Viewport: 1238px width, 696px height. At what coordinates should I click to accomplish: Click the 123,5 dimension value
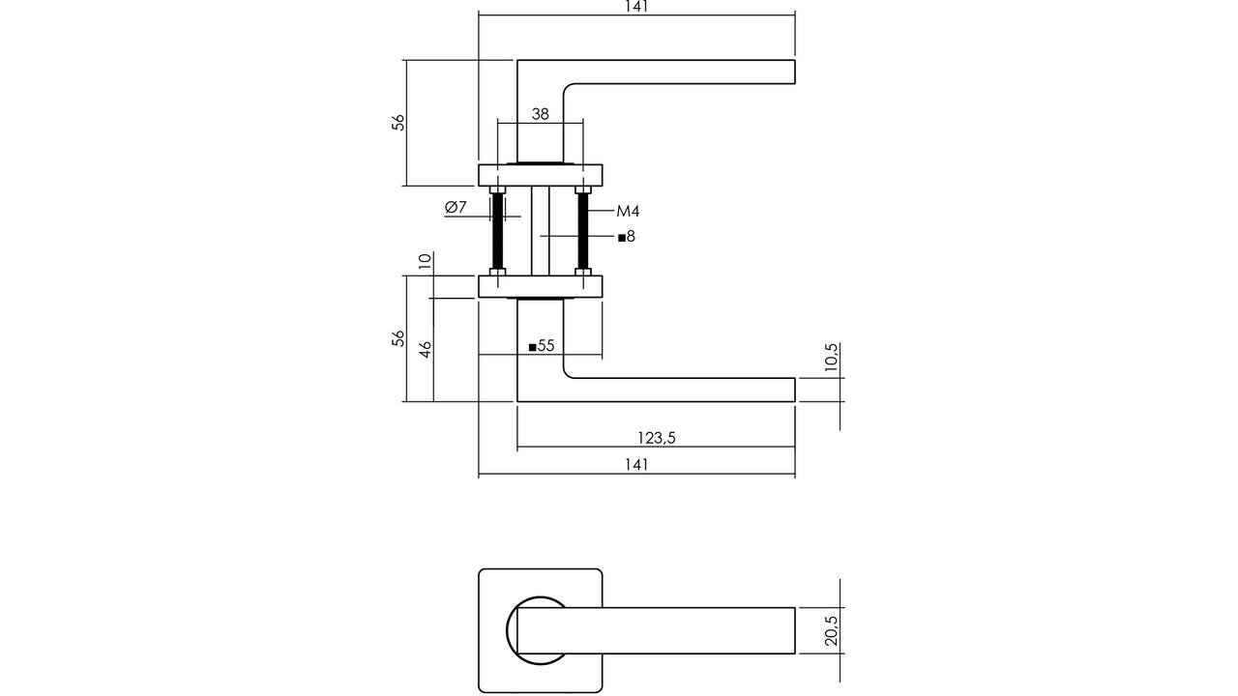(657, 438)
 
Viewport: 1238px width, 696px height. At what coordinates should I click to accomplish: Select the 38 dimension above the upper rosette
(540, 114)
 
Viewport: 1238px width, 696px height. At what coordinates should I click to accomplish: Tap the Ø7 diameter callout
(456, 208)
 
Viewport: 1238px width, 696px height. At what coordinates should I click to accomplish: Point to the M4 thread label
(628, 211)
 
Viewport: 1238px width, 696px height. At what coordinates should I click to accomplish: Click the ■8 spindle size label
(627, 237)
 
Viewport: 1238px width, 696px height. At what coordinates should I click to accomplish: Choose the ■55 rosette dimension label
(542, 346)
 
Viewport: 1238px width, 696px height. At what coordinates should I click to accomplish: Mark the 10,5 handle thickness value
(831, 358)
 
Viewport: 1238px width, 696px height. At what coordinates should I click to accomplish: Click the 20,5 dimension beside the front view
(831, 631)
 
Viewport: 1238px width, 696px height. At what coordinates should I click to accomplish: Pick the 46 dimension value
(426, 350)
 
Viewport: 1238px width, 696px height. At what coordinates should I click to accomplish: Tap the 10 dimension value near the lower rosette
(425, 261)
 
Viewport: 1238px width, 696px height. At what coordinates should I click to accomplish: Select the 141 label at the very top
(636, 6)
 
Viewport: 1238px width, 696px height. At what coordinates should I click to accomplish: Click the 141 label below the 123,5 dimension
(636, 465)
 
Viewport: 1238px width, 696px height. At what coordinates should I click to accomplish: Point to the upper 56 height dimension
(398, 122)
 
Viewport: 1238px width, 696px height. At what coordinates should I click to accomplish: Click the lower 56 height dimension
(398, 338)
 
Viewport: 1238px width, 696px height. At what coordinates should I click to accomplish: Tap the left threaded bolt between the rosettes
(498, 231)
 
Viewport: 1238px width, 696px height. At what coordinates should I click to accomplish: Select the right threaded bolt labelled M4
(583, 231)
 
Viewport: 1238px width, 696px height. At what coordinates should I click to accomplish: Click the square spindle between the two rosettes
(541, 231)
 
